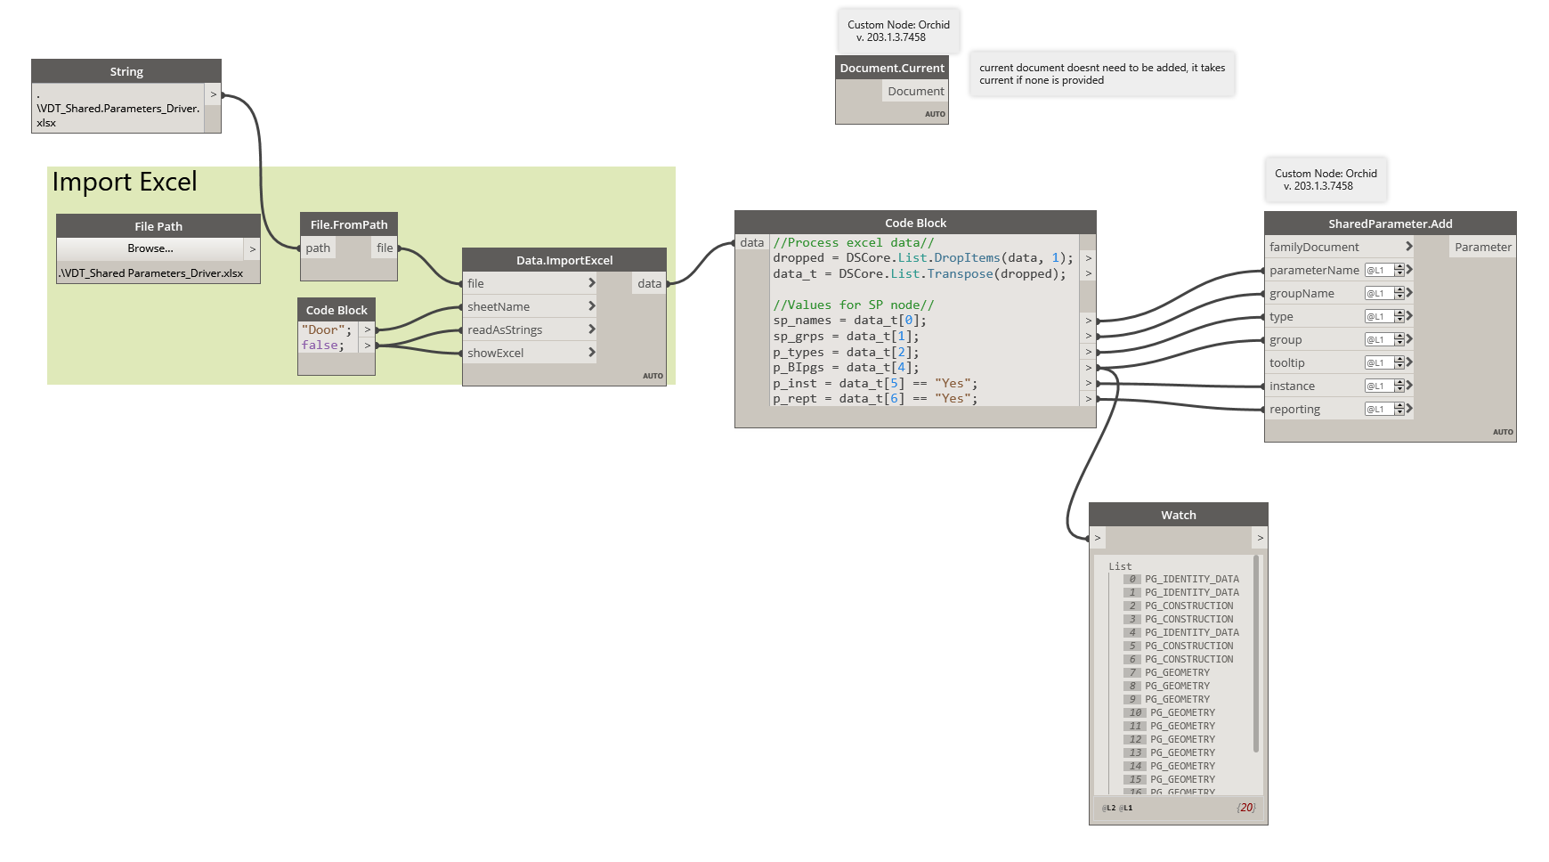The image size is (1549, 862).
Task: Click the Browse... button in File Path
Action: click(x=150, y=248)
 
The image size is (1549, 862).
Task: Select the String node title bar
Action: click(x=126, y=71)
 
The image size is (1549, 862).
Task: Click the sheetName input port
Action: click(x=499, y=306)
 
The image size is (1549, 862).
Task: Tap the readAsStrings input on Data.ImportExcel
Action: click(x=505, y=329)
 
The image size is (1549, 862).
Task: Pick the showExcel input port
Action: click(x=496, y=353)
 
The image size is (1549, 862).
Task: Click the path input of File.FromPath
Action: click(x=318, y=248)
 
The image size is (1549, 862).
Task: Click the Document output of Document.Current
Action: click(x=915, y=91)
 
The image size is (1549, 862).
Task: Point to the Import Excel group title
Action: click(x=125, y=182)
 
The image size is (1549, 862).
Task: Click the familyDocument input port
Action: click(x=1314, y=247)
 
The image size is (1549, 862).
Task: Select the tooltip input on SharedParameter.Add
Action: click(x=1287, y=362)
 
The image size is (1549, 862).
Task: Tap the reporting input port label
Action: click(x=1294, y=409)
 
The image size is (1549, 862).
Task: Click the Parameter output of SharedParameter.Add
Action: click(x=1482, y=247)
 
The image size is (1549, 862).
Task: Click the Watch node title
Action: click(x=1178, y=515)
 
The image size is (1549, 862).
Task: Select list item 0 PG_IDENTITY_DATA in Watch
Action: click(x=1191, y=579)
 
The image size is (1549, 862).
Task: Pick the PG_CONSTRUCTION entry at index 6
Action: click(x=1188, y=659)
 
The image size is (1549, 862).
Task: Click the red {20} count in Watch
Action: click(x=1245, y=808)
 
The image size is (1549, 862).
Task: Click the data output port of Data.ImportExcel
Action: click(x=650, y=283)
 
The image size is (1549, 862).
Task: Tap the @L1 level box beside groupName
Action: click(x=1376, y=293)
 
